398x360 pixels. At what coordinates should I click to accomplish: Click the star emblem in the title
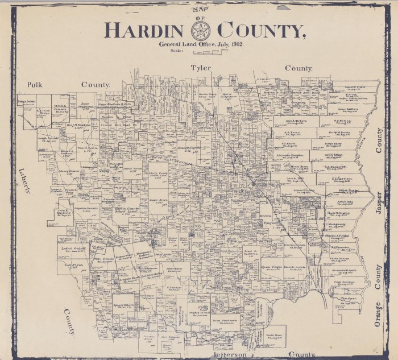click(x=200, y=30)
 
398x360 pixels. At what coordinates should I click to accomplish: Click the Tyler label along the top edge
click(x=200, y=68)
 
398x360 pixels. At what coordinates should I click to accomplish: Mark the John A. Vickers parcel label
click(x=297, y=121)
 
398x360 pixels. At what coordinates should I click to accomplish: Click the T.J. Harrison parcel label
click(x=342, y=177)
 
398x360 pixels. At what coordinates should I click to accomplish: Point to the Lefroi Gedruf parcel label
click(x=73, y=248)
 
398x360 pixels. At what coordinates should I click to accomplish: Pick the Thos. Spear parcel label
click(x=347, y=298)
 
